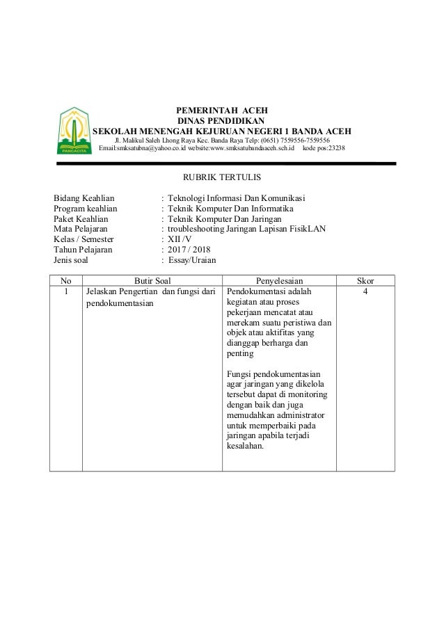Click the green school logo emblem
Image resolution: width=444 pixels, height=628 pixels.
pos(72,131)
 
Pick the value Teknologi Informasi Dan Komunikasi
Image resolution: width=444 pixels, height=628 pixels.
pos(237,198)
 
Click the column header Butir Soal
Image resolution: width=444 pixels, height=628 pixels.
pos(152,280)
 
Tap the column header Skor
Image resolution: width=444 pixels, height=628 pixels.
pos(365,280)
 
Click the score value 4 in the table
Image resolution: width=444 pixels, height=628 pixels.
pos(365,292)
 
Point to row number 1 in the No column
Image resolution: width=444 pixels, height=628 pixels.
pos(66,292)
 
